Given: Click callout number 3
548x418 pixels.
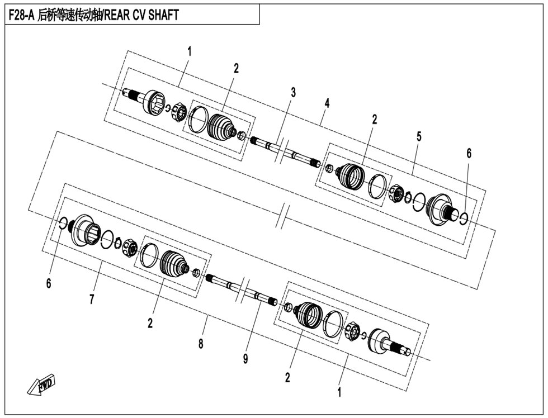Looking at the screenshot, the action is click(x=293, y=93).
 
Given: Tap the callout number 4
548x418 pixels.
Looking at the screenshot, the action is click(x=327, y=103).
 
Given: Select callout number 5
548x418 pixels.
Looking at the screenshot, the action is click(x=419, y=136).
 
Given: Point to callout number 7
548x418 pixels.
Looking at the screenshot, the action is click(x=92, y=300).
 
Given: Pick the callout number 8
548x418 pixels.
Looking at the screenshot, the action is click(x=201, y=344).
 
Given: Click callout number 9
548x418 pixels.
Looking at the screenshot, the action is click(x=245, y=359).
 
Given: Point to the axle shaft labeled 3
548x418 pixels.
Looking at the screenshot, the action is click(x=285, y=151).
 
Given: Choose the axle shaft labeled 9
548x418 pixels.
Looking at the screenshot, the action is click(x=242, y=289).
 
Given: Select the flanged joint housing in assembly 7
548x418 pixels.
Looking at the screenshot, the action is click(x=84, y=230).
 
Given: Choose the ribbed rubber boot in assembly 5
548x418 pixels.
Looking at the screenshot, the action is click(x=351, y=177).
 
